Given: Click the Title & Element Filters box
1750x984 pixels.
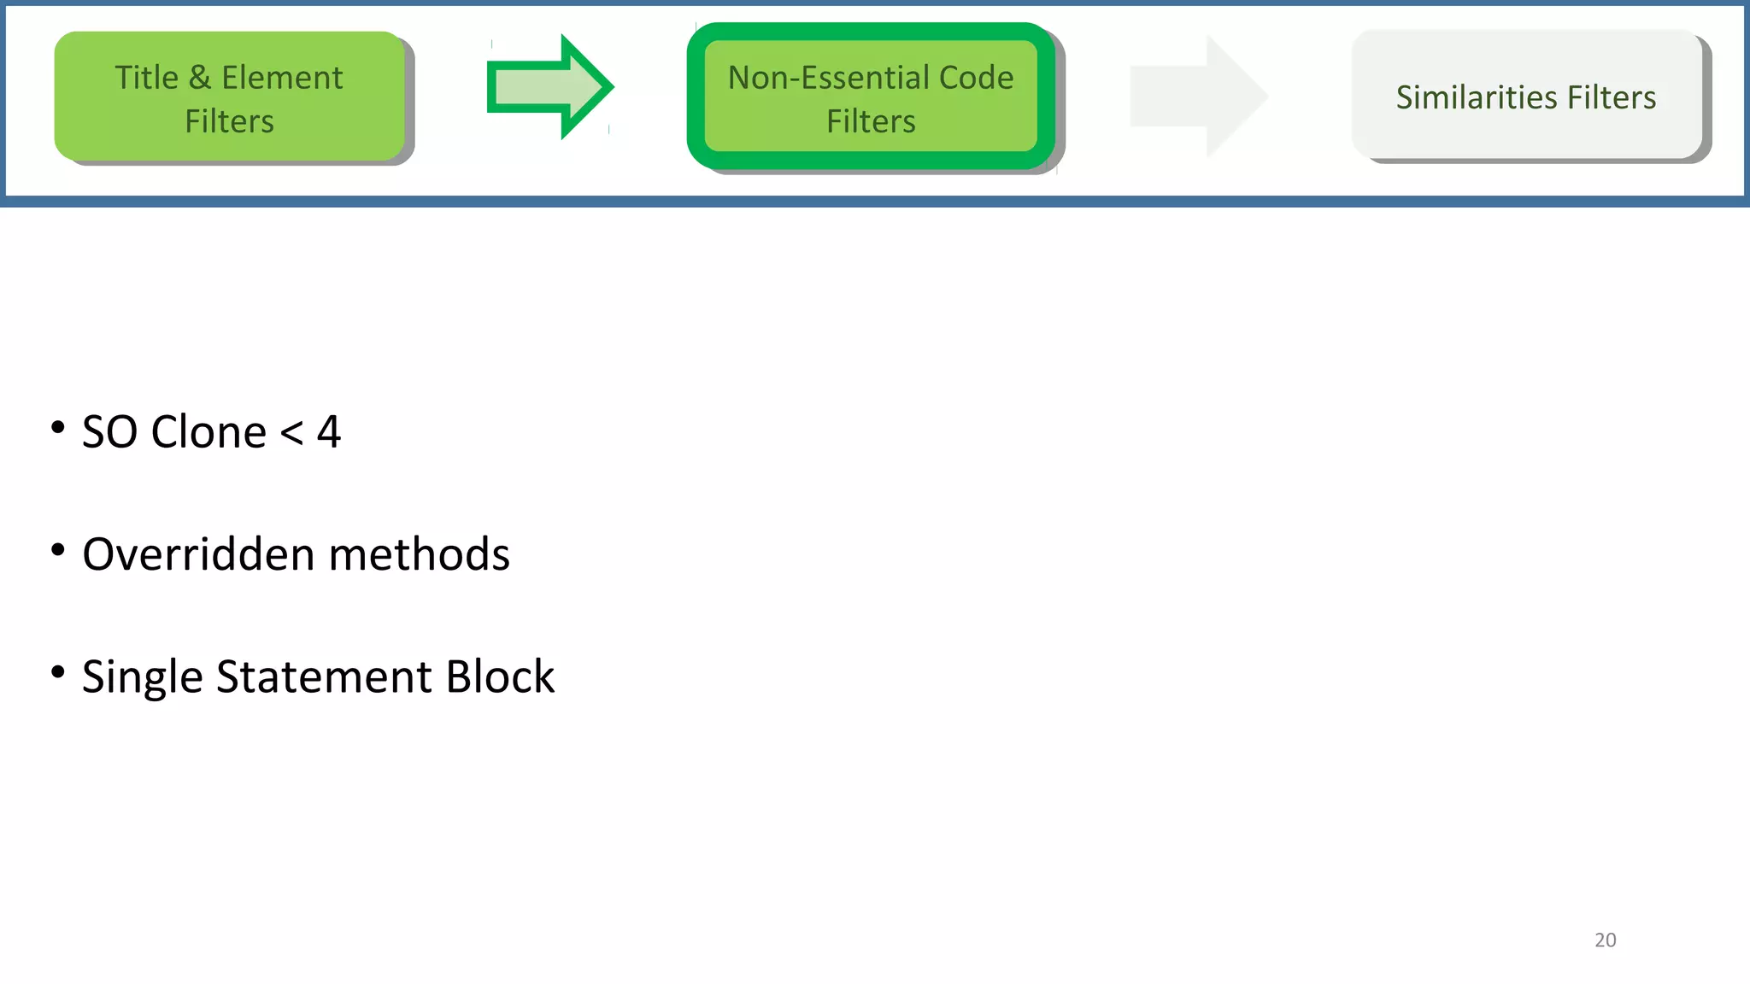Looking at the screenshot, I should point(229,97).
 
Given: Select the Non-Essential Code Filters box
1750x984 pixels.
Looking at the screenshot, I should point(871,97).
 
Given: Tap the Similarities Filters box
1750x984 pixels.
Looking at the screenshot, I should point(1526,96).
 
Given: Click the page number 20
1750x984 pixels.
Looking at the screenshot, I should point(1605,940).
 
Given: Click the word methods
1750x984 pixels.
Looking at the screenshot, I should point(419,553).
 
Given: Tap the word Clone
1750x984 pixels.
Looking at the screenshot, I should point(208,431).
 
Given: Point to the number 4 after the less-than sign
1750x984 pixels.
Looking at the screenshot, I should point(329,431).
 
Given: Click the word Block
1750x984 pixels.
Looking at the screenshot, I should point(500,676).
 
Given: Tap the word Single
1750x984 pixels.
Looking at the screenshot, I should point(142,676).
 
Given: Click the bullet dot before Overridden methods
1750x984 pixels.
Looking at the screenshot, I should point(58,550).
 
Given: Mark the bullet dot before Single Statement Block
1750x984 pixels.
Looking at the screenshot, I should point(58,672).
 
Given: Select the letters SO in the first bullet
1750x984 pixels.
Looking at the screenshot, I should point(109,431).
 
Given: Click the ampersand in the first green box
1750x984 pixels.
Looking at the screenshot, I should point(199,78).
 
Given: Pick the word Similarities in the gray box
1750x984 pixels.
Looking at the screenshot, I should point(1462,97).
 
